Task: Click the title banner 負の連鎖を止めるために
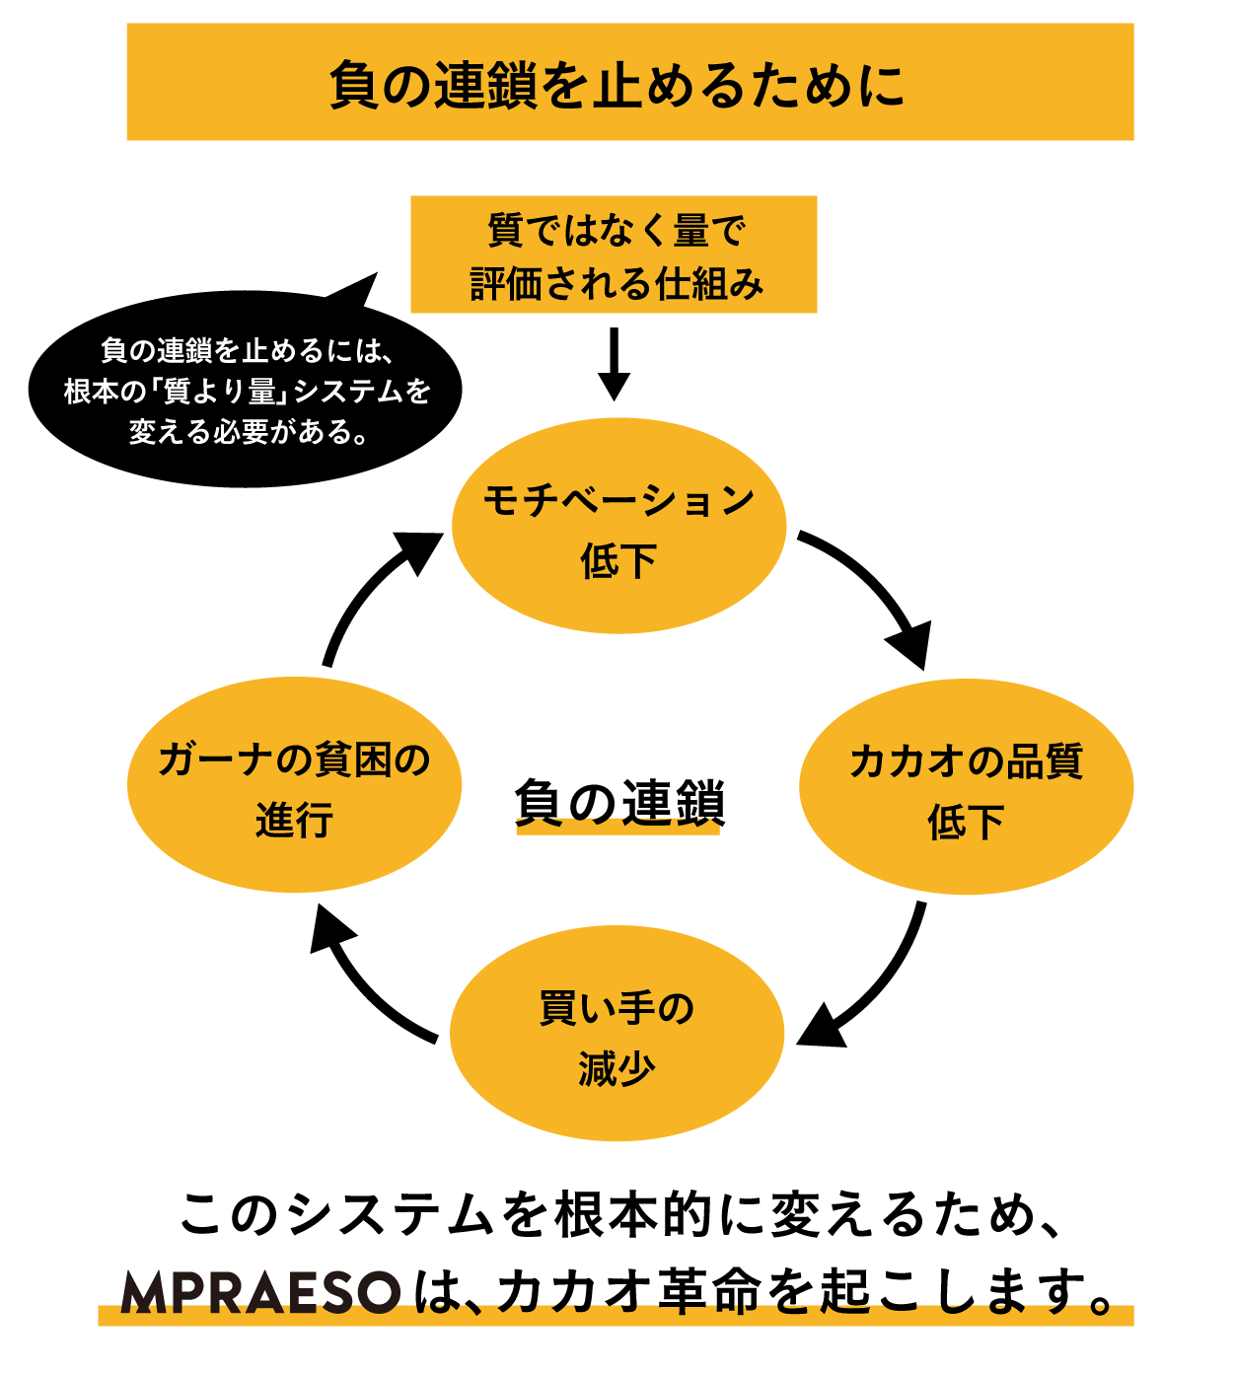coord(629,83)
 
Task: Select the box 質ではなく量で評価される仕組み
coord(614,254)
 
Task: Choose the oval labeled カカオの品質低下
coord(966,787)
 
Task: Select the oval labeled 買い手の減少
coord(617,1034)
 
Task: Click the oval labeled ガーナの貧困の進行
coord(294,785)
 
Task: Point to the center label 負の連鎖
coord(618,803)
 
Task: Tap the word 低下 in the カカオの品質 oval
coord(966,821)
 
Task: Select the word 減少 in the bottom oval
coord(617,1068)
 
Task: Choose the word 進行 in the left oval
coord(294,820)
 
